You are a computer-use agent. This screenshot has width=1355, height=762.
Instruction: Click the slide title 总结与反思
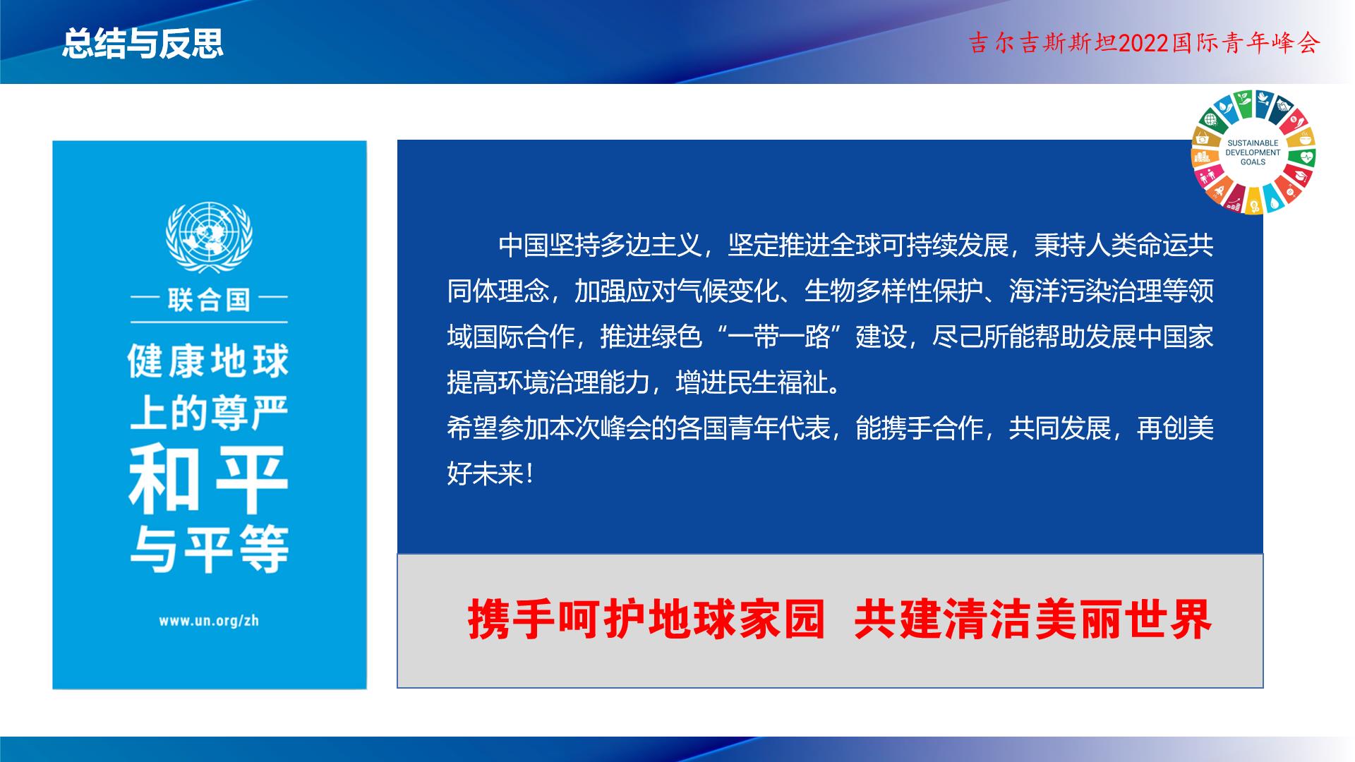point(143,43)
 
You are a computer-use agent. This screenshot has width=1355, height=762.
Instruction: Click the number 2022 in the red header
point(1145,44)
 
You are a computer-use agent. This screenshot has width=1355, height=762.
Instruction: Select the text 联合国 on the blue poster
point(209,300)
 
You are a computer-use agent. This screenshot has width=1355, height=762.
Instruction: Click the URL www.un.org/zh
point(209,621)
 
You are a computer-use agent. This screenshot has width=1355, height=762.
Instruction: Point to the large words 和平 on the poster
point(209,480)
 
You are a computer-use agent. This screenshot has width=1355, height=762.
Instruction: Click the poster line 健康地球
point(209,361)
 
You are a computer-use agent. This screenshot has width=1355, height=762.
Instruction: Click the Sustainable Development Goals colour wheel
point(1253,152)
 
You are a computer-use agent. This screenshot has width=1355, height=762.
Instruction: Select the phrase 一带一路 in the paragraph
point(779,337)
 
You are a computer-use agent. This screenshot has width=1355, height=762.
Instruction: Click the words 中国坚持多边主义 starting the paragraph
point(601,246)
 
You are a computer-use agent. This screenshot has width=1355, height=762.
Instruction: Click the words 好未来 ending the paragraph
point(486,474)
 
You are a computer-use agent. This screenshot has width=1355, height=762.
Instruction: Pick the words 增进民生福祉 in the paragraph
point(752,382)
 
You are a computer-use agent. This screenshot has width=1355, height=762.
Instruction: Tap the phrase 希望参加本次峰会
point(549,428)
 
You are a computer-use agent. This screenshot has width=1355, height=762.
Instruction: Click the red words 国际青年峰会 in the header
point(1246,44)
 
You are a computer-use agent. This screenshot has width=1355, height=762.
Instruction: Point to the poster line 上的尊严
point(209,413)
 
